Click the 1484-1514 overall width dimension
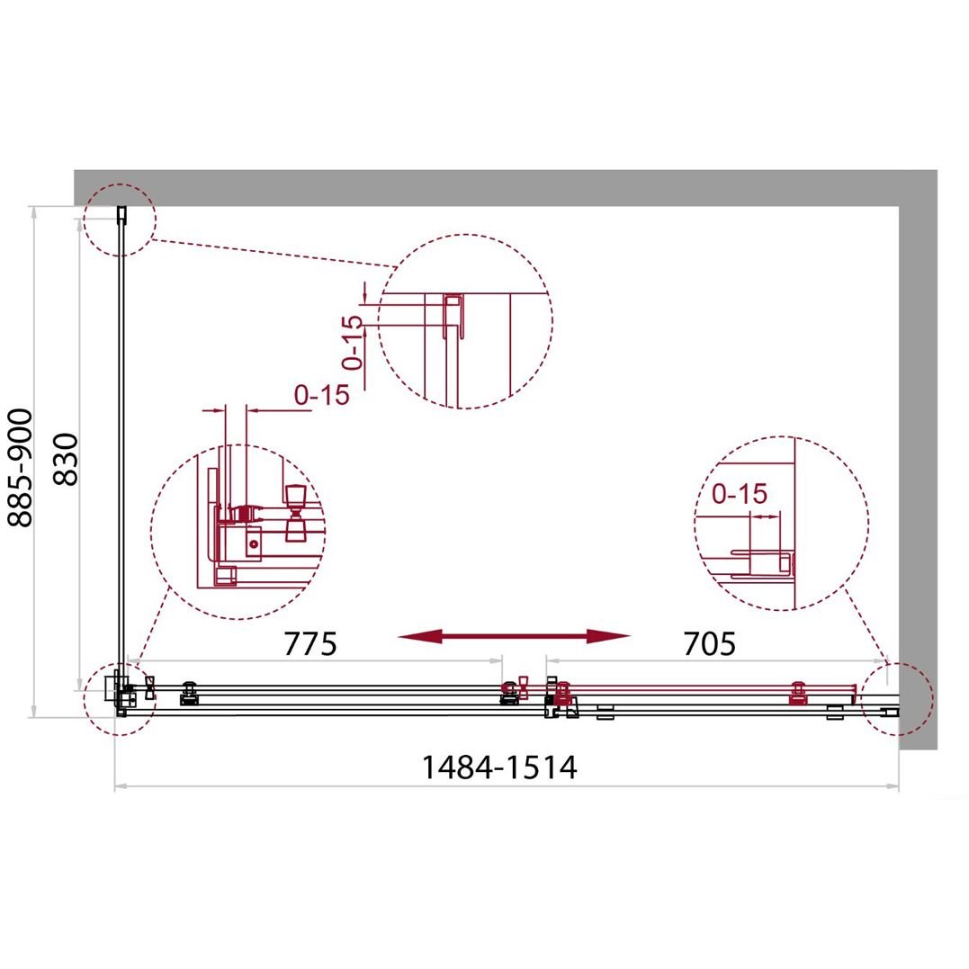(x=498, y=767)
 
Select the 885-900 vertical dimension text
(x=20, y=468)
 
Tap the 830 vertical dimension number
(x=66, y=459)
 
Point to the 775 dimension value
(x=310, y=643)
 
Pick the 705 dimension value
(x=710, y=643)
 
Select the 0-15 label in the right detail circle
(x=739, y=494)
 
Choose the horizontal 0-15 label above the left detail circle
(x=321, y=394)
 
